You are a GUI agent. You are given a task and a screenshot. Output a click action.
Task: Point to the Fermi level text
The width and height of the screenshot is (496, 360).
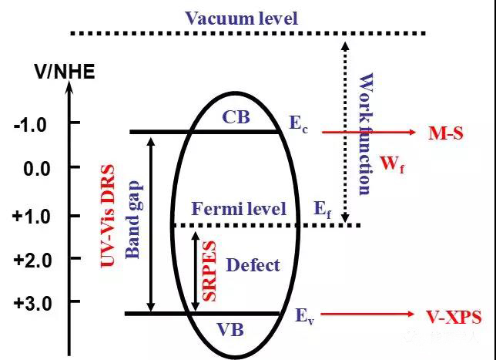tap(239, 209)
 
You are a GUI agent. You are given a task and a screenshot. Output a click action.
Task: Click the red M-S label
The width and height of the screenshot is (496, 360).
tap(445, 133)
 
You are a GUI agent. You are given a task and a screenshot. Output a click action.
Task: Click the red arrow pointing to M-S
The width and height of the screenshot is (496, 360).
tap(370, 133)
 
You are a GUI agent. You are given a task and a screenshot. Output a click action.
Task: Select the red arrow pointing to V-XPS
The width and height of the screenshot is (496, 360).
tap(370, 315)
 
